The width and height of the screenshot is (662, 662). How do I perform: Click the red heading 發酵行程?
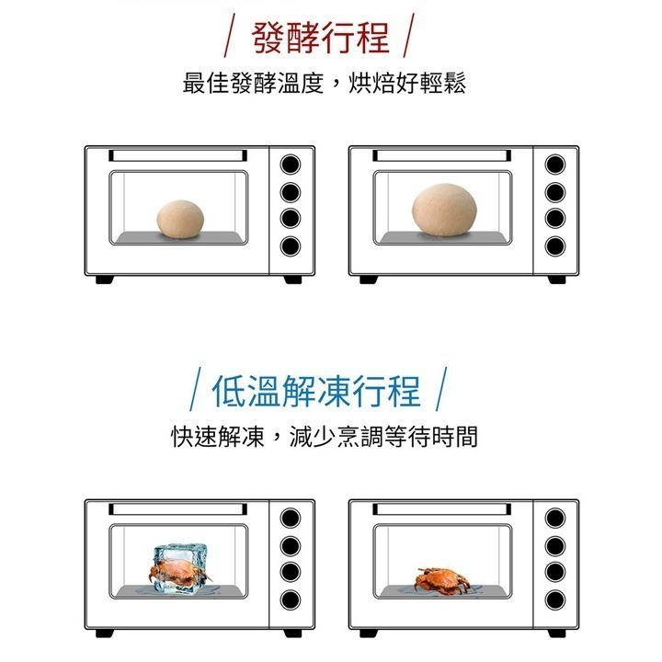coord(320,38)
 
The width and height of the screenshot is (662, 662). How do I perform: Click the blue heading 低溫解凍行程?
coord(315,391)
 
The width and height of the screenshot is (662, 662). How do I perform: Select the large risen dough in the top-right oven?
coord(443,214)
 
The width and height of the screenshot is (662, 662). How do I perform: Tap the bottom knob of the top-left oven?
coord(291,245)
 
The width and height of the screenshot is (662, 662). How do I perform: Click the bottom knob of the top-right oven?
coord(554,245)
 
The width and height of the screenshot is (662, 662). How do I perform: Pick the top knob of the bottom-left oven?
coord(291,518)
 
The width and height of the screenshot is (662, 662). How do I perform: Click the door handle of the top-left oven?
coord(177,155)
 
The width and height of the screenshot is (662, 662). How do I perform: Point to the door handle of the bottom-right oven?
coord(441,508)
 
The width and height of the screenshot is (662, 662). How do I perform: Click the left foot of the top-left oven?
coord(105,280)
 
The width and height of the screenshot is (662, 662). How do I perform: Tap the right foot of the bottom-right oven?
coord(558,633)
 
